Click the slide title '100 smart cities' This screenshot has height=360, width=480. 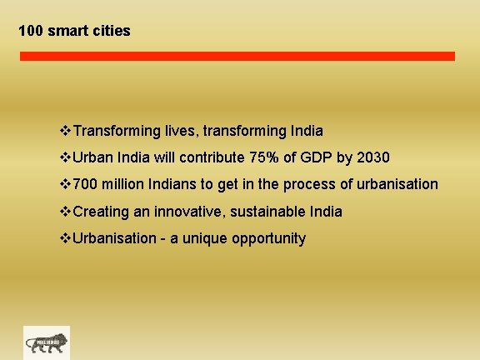pos(74,32)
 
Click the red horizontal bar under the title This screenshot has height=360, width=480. pos(237,56)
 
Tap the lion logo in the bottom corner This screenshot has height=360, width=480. pos(47,342)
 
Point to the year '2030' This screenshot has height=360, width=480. pos(374,157)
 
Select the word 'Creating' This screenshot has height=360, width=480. pos(102,212)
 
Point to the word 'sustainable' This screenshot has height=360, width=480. pos(269,212)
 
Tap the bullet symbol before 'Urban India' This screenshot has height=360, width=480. pos(67,157)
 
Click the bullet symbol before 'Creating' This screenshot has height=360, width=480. pos(67,212)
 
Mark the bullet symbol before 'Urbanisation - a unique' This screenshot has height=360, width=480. pos(67,238)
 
